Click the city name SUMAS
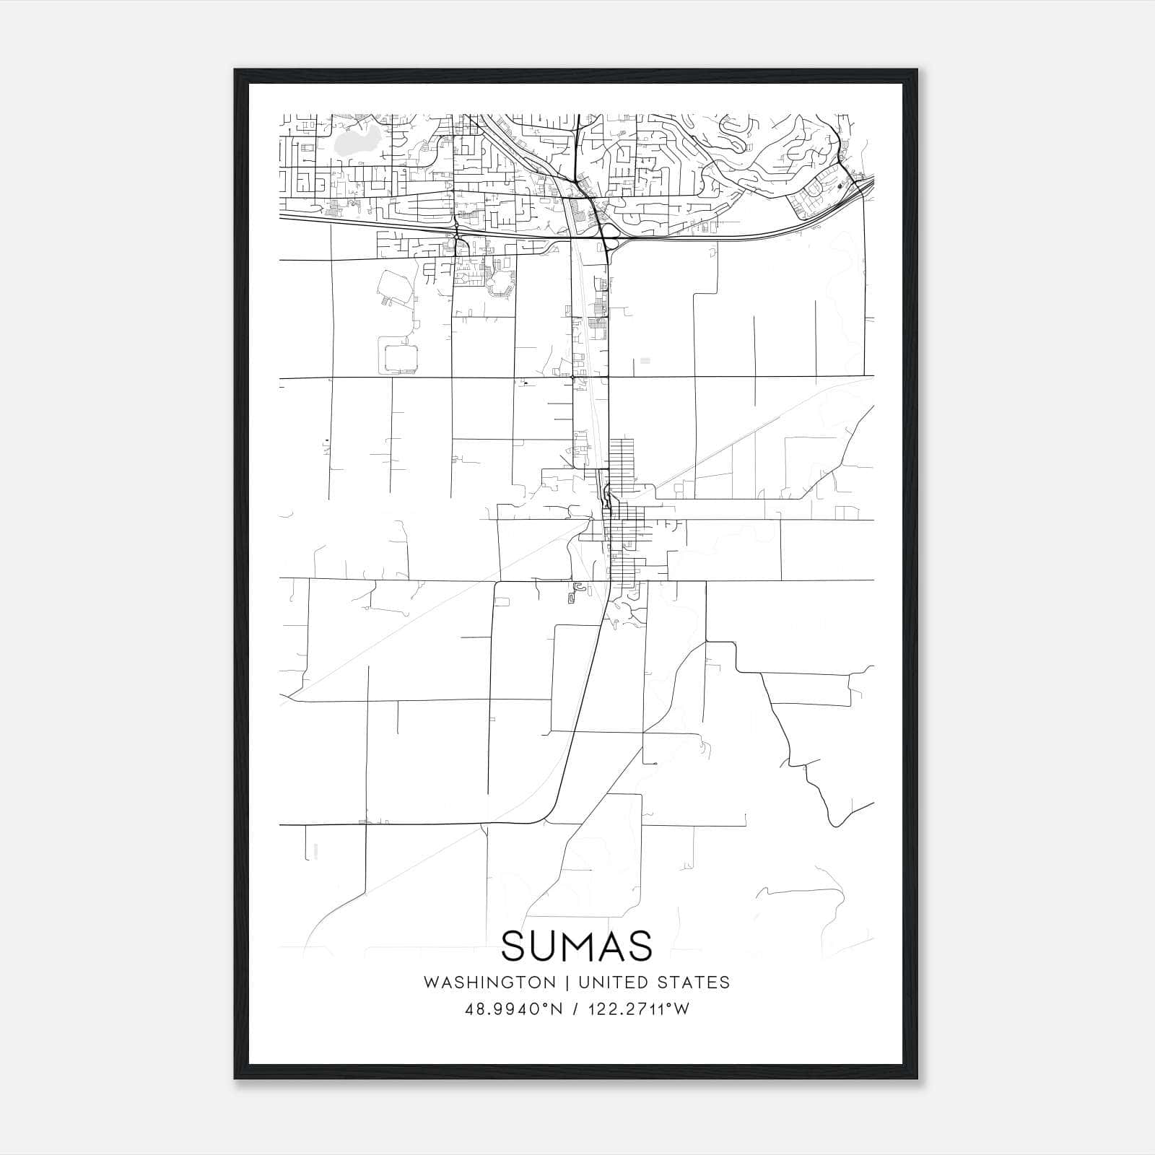(x=576, y=946)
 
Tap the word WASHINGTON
(x=489, y=982)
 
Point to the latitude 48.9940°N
(x=513, y=1009)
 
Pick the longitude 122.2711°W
(x=638, y=1009)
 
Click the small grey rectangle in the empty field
(x=645, y=359)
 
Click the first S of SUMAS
(x=514, y=946)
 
